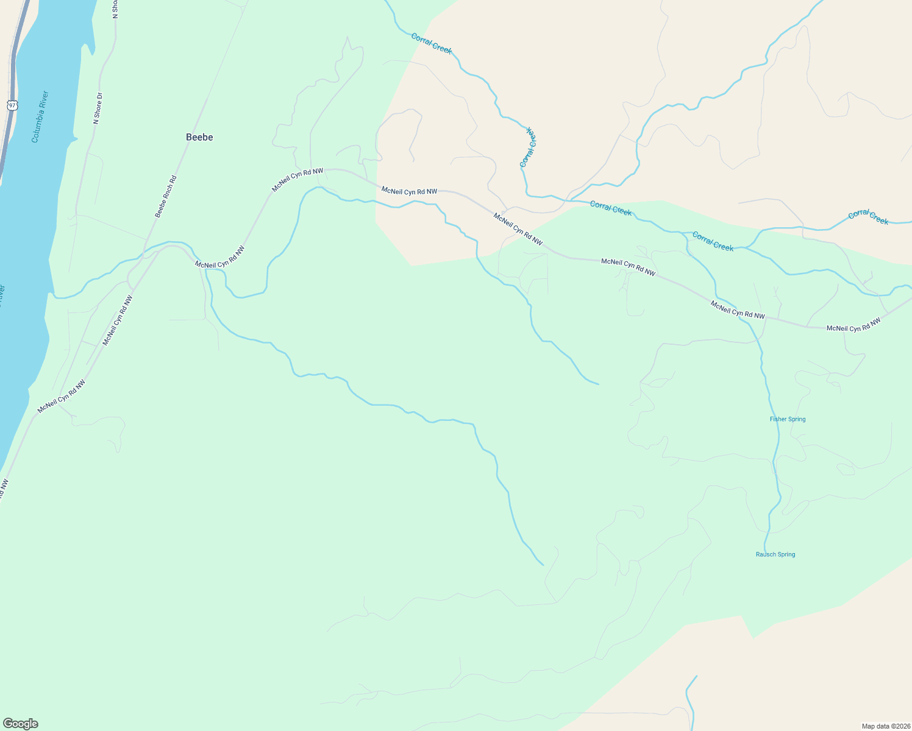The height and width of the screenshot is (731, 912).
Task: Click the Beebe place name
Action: click(199, 137)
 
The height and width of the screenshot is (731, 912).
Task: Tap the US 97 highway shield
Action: click(12, 105)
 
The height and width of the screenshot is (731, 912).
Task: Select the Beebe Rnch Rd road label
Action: click(165, 197)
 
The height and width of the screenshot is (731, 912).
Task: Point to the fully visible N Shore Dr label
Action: click(97, 108)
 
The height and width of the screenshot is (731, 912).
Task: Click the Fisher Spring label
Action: click(788, 419)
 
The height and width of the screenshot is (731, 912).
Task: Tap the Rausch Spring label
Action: click(775, 554)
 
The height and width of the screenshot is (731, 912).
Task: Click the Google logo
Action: click(20, 724)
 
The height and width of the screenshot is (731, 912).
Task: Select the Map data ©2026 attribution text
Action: click(885, 726)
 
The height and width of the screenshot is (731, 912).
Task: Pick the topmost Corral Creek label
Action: click(432, 44)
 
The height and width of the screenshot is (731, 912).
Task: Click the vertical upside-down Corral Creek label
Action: click(528, 147)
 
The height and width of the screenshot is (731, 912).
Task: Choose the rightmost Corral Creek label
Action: click(869, 216)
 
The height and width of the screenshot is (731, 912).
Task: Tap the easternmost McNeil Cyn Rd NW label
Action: click(853, 325)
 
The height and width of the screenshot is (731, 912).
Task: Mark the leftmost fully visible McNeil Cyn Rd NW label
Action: click(61, 397)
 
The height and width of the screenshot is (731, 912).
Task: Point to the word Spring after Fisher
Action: click(797, 419)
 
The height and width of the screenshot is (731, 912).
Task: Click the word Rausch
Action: click(766, 554)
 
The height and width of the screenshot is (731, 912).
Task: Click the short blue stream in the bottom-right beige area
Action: click(690, 701)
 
